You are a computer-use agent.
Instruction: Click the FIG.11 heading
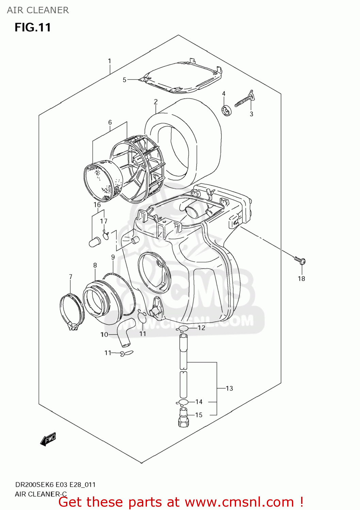tap(33, 27)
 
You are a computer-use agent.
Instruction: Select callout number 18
tap(301, 278)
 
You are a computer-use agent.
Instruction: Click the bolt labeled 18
tap(300, 261)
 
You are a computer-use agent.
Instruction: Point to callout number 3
tap(251, 114)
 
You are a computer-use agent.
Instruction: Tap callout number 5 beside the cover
tap(125, 80)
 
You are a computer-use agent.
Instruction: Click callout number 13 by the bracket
tap(229, 388)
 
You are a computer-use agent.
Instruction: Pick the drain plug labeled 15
tap(183, 417)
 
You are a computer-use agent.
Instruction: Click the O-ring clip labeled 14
tap(183, 403)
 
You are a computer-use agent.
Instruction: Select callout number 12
tap(201, 328)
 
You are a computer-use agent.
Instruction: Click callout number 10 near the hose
tap(104, 335)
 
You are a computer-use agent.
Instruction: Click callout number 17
tap(103, 221)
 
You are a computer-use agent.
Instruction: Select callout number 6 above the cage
tap(110, 122)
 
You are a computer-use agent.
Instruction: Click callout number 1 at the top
tap(110, 61)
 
